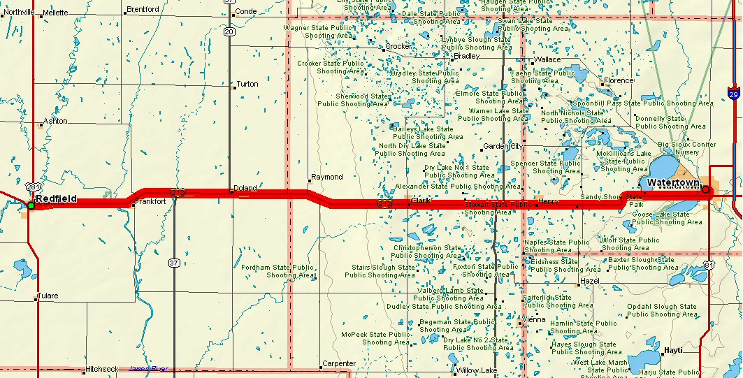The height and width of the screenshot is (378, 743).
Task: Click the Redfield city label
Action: (56, 199)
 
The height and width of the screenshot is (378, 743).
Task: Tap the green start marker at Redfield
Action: (31, 205)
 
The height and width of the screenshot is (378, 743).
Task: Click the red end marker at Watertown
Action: (706, 189)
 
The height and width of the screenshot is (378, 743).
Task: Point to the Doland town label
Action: (245, 188)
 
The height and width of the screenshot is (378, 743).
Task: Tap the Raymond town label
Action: (327, 177)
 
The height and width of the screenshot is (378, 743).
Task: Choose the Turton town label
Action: (247, 84)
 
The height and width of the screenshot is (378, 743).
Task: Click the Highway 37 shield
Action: (174, 263)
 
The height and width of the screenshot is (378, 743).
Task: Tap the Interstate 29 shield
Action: (733, 94)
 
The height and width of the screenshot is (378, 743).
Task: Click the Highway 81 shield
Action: (709, 266)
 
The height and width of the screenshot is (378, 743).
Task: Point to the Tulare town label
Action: (48, 296)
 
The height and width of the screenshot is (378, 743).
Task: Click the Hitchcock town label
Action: (102, 368)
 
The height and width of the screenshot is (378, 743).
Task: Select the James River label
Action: (149, 368)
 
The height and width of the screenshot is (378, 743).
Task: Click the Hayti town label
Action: (673, 350)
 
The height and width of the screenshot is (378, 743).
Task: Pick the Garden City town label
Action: (503, 146)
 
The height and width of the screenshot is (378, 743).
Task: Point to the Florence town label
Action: (619, 81)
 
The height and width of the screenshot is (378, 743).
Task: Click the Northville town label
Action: (19, 13)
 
